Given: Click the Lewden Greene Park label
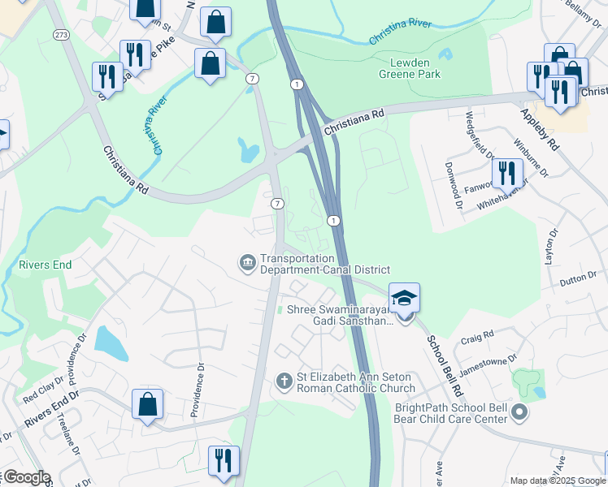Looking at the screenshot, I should (410, 67).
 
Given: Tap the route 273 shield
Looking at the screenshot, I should (61, 35).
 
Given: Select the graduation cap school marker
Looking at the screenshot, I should (404, 298).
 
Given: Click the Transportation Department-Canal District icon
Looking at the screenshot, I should (246, 263).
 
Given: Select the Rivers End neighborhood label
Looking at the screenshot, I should (46, 265).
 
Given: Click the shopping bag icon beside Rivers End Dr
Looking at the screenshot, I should (147, 403).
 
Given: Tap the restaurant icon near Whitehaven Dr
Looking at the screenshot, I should (505, 172).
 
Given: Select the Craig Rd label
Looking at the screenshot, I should (477, 335).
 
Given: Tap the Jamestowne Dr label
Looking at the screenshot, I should (488, 362).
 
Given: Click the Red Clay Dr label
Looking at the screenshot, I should (43, 394).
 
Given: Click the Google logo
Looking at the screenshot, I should (26, 477).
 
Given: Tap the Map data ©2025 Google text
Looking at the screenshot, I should (557, 481).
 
